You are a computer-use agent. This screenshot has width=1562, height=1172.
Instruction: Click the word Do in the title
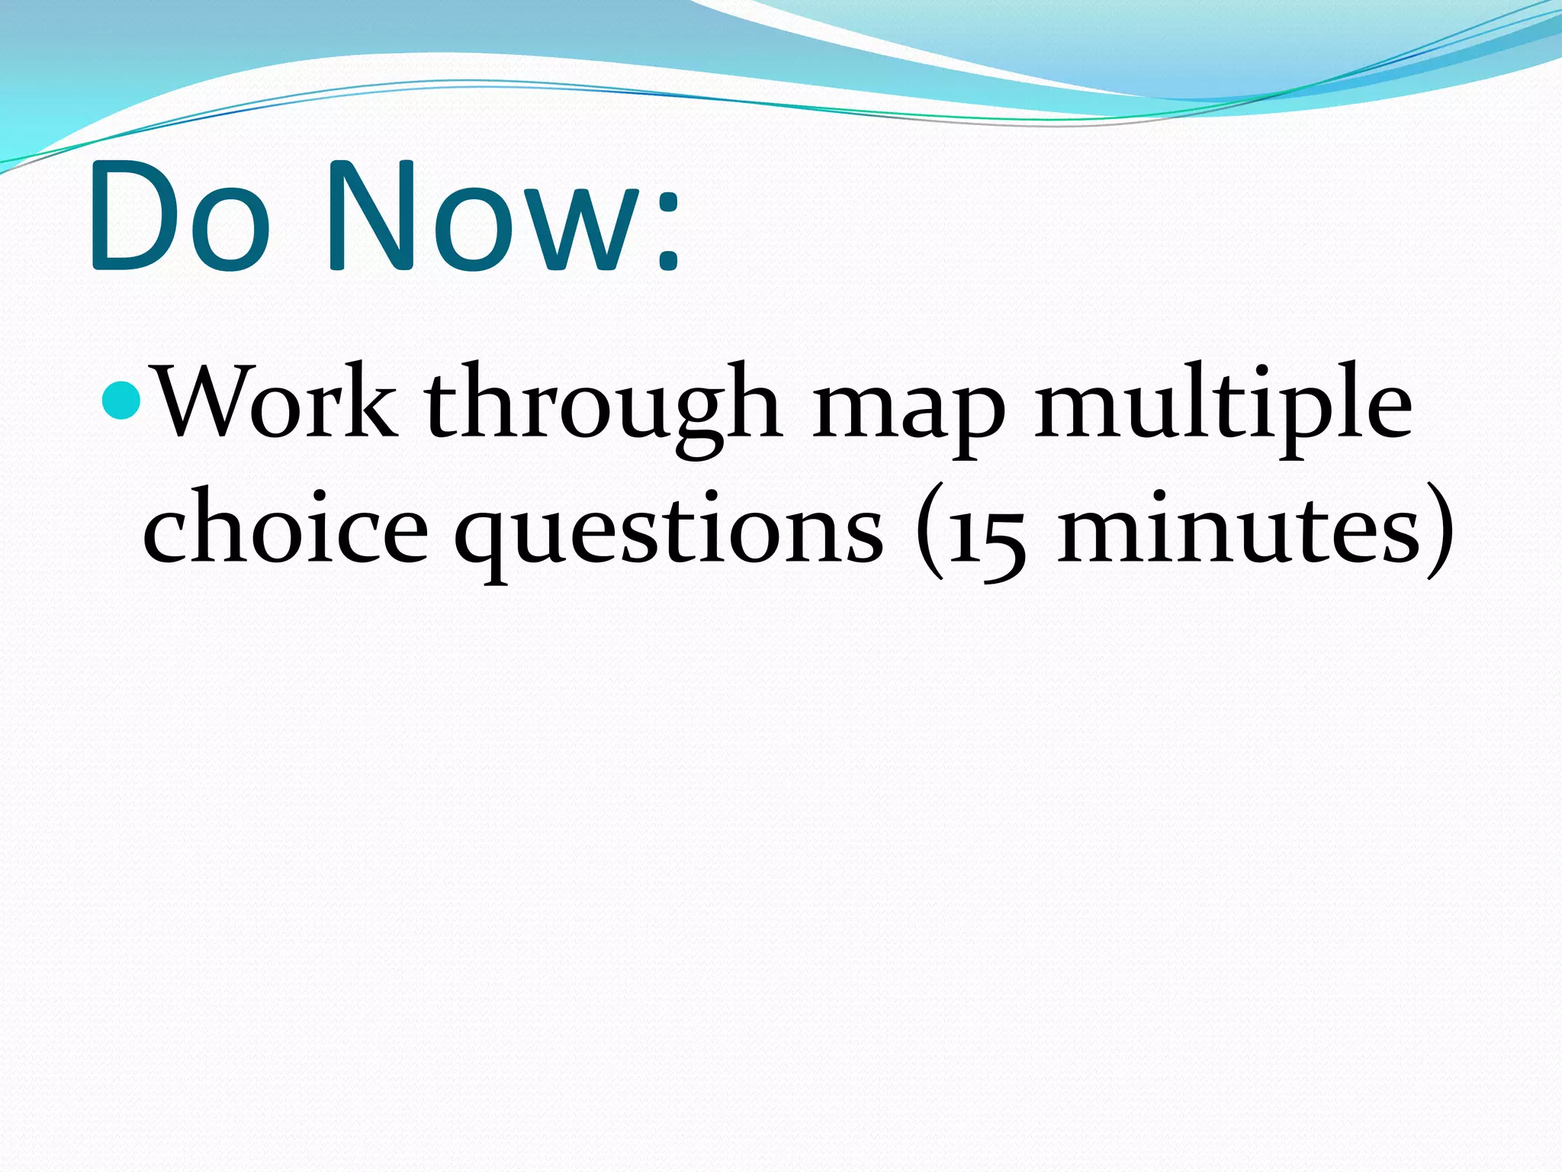point(180,217)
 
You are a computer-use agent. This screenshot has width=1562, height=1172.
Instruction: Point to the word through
point(603,408)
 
